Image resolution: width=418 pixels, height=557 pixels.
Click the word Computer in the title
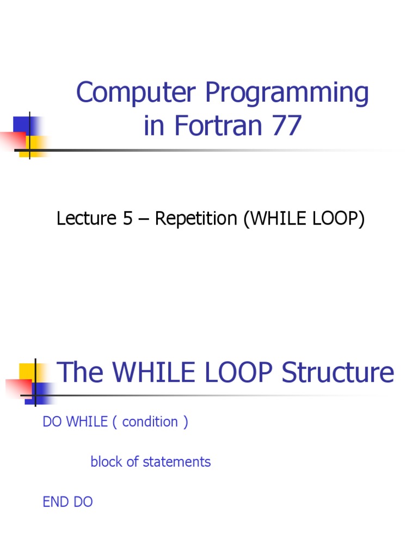(x=137, y=92)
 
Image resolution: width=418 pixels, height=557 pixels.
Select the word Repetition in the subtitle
(x=196, y=219)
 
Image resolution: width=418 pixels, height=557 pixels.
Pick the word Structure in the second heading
(x=338, y=373)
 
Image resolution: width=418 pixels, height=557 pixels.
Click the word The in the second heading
(x=80, y=373)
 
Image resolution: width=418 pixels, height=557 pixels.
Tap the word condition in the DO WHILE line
(x=150, y=422)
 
